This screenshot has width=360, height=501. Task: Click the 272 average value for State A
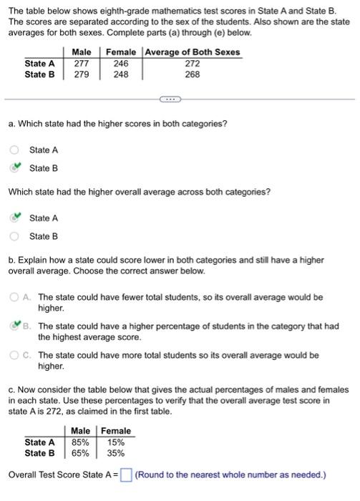(x=193, y=63)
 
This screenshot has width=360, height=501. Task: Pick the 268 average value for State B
(x=193, y=74)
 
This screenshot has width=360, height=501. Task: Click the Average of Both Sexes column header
(x=193, y=52)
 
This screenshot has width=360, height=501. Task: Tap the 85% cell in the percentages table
(x=80, y=442)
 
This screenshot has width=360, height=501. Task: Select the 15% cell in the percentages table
(x=116, y=442)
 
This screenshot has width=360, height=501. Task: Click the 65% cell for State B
(x=80, y=453)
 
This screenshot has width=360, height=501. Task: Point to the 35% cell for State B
(x=116, y=453)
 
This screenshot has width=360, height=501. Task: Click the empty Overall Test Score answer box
(x=126, y=475)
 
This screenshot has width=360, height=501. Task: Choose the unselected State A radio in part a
(x=14, y=150)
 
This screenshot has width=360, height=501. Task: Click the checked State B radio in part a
(x=14, y=168)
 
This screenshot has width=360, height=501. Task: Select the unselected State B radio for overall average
(x=14, y=236)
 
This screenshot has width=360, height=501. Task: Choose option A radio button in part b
(x=14, y=296)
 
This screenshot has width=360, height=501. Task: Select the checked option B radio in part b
(x=14, y=326)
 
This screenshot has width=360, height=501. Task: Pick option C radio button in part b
(x=14, y=355)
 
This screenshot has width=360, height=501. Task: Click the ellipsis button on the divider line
(x=167, y=99)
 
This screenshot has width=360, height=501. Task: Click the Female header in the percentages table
(x=116, y=431)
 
